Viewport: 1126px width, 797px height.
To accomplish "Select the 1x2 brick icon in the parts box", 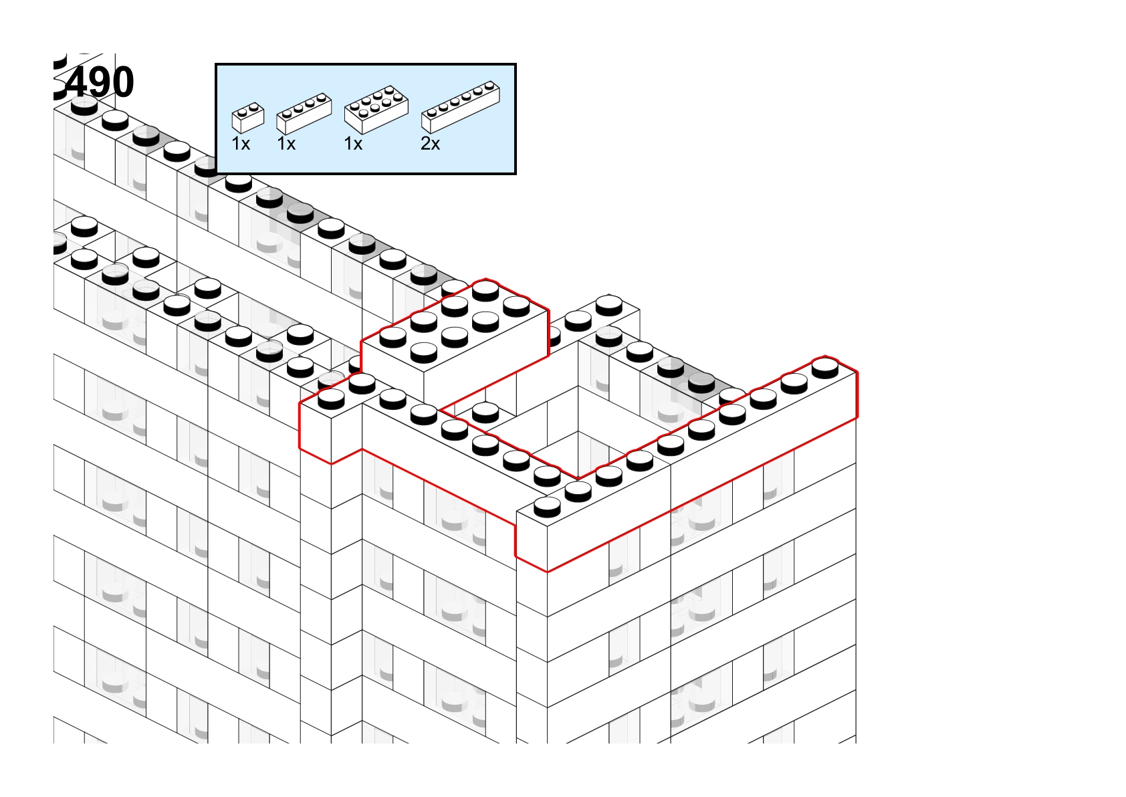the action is tap(248, 118).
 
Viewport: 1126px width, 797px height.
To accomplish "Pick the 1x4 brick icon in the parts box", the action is tap(304, 114).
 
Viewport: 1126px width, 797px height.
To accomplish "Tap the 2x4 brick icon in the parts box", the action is tap(376, 110).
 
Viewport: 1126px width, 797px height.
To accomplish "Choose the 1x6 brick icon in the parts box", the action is tap(461, 107).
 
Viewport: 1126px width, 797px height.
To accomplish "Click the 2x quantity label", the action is tap(431, 144).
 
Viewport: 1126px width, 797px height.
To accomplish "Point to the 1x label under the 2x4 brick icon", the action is tap(354, 144).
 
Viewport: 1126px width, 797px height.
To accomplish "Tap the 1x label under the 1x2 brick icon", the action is tap(241, 144).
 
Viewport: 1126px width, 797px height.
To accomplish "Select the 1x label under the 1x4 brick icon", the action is tap(287, 144).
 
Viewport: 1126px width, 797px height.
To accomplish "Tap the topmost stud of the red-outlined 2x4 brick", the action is tap(485, 291).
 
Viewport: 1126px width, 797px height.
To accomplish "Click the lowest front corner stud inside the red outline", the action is tap(547, 507).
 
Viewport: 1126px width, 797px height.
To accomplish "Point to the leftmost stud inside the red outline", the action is tap(331, 399).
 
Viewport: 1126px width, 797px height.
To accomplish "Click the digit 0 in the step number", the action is tap(120, 82).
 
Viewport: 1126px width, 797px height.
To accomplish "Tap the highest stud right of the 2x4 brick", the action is tap(608, 306).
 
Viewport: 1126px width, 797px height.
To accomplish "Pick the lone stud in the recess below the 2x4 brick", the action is tap(485, 413).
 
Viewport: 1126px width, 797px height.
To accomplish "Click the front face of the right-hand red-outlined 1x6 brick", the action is tap(701, 495).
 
